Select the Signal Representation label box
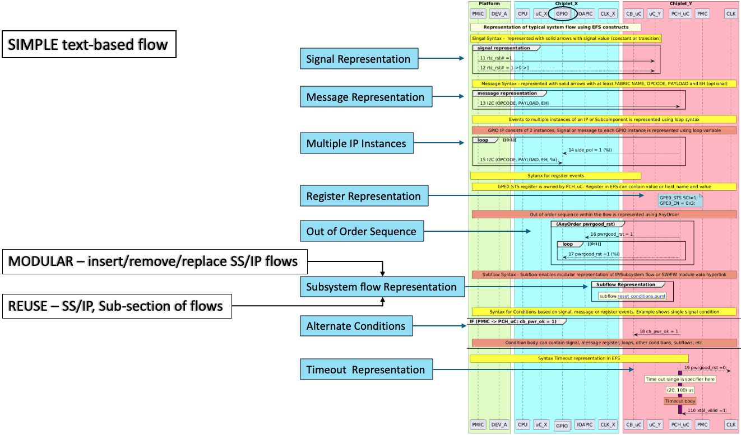[x=358, y=59]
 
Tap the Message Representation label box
[x=365, y=97]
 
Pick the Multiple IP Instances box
[x=356, y=143]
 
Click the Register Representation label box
[x=364, y=196]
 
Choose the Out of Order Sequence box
[x=362, y=231]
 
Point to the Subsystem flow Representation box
[x=382, y=287]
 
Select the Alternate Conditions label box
[x=356, y=326]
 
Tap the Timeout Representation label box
[x=365, y=369]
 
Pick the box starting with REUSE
[x=117, y=306]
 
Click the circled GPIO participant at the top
[x=561, y=13]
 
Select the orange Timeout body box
[x=680, y=401]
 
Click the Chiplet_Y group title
[x=680, y=3]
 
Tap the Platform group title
[x=489, y=3]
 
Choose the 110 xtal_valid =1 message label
[x=707, y=410]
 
